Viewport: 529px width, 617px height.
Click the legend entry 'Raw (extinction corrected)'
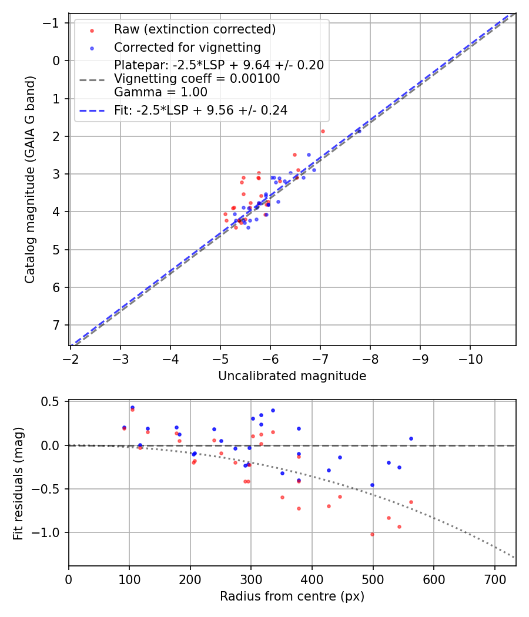[x=195, y=29]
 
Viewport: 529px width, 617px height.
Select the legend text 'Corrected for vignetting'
[x=187, y=47]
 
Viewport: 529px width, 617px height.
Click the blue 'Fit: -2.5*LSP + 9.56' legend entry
[x=200, y=110]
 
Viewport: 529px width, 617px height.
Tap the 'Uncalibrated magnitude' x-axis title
[x=292, y=376]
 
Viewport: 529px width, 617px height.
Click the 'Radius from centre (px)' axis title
[x=292, y=596]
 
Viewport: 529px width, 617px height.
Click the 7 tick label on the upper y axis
[x=57, y=325]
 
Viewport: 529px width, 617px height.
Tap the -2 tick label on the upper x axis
[x=71, y=358]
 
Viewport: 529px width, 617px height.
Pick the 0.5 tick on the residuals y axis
[x=53, y=402]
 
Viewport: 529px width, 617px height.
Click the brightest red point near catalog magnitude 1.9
[x=323, y=131]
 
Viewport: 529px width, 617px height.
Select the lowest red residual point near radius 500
[x=372, y=534]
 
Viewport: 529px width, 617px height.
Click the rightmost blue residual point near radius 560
[x=411, y=438]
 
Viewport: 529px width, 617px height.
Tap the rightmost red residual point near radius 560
[x=411, y=502]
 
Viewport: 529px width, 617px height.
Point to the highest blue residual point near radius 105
[x=132, y=407]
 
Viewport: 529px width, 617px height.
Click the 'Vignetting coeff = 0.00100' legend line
[x=197, y=79]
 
